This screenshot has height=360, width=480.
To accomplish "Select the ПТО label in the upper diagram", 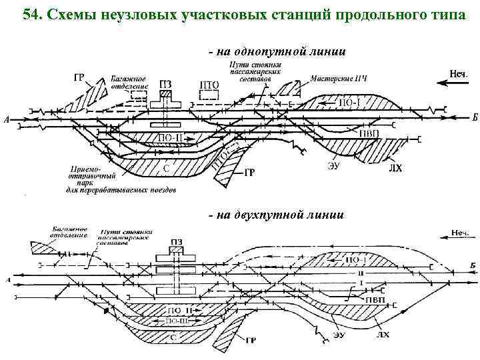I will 209,85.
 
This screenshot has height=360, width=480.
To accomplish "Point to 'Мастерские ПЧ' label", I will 339,79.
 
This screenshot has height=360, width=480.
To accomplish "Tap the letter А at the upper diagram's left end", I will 7,120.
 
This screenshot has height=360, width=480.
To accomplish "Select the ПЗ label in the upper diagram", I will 167,85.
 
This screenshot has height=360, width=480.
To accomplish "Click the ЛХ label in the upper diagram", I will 395,169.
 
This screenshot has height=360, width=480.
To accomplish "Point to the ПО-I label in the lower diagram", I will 359,259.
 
